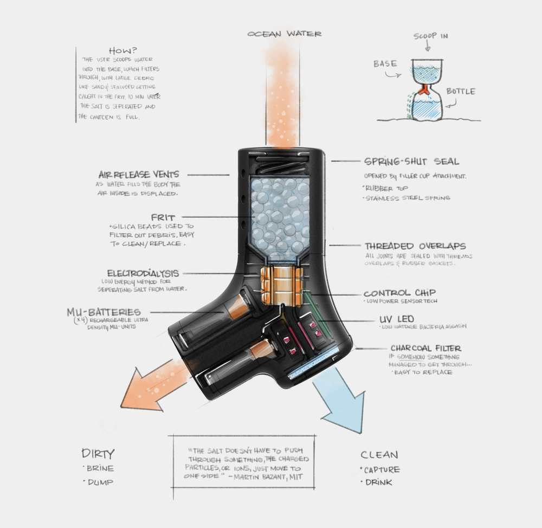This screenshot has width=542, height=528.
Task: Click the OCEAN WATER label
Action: [x=284, y=34]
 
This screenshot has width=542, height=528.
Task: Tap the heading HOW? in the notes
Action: [x=121, y=50]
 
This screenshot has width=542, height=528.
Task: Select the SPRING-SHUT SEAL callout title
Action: [x=411, y=162]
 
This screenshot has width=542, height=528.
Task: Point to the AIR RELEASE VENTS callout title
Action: [x=139, y=175]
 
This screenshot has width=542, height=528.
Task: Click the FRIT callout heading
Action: [x=163, y=217]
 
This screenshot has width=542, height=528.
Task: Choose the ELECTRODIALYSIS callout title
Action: [x=143, y=273]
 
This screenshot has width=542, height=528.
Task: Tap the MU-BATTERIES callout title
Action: [x=104, y=312]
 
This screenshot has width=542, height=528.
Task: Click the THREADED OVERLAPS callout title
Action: [x=415, y=246]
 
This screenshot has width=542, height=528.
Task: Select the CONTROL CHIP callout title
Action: [x=400, y=293]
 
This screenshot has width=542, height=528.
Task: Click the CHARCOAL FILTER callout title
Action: [x=426, y=348]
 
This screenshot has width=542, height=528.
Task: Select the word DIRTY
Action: [x=98, y=454]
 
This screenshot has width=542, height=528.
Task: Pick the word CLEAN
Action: [x=379, y=455]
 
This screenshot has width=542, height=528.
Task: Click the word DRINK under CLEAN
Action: [x=378, y=482]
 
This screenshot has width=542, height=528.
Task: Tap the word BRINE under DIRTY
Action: [x=101, y=468]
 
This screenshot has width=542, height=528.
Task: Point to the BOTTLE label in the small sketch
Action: [x=461, y=91]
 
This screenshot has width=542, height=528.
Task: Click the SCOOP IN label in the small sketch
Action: [x=431, y=36]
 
